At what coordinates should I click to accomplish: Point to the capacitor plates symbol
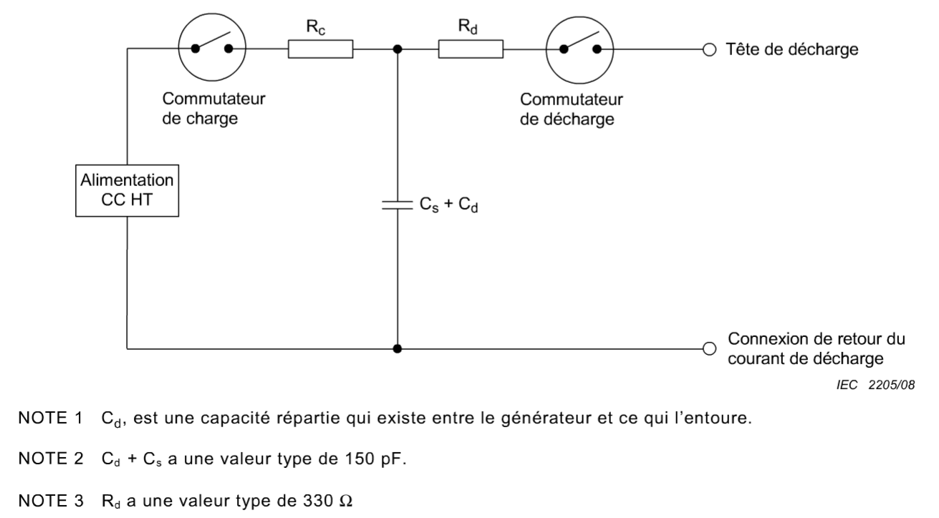coord(398,205)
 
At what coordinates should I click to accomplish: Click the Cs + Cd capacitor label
coord(448,205)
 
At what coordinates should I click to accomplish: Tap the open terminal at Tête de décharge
coord(709,50)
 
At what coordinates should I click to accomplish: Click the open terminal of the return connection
coord(709,348)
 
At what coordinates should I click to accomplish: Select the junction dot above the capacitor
coord(398,49)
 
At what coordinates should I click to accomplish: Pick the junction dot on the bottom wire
coord(398,348)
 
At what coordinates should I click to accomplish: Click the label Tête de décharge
coord(792,49)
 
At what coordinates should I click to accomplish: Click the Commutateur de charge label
coord(213,109)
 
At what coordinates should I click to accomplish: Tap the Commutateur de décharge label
coord(572,109)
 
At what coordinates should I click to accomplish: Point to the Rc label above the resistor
coord(316,27)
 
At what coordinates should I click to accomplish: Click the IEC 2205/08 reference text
coord(876,385)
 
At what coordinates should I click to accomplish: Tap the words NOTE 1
coord(51,418)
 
